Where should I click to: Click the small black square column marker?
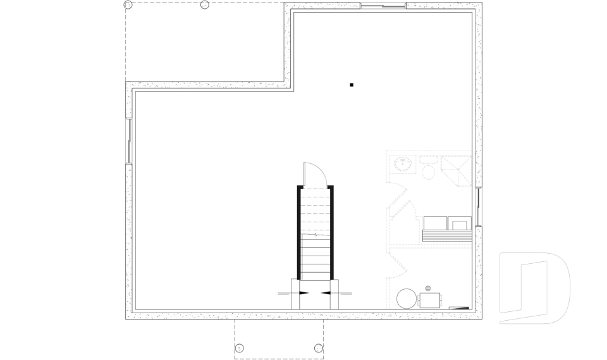pyautogui.click(x=352, y=85)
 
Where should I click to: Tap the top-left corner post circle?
pyautogui.click(x=128, y=5)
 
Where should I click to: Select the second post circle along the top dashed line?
pyautogui.click(x=204, y=5)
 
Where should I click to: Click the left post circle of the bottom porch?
pyautogui.click(x=239, y=347)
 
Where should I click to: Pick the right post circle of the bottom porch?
pyautogui.click(x=319, y=347)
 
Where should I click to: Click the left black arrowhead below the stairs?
pyautogui.click(x=304, y=293)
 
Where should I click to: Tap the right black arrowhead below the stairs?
pyautogui.click(x=326, y=293)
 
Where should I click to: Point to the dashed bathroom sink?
pyautogui.click(x=402, y=164)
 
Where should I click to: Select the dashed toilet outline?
pyautogui.click(x=427, y=169)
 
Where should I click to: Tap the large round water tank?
pyautogui.click(x=407, y=299)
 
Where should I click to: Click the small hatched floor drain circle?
pyautogui.click(x=428, y=288)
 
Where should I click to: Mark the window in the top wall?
pyautogui.click(x=383, y=6)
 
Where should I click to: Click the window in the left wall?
pyautogui.click(x=129, y=140)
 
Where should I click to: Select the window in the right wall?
pyautogui.click(x=478, y=207)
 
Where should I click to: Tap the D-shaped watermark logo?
pyautogui.click(x=534, y=288)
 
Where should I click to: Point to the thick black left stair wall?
pyautogui.click(x=298, y=232)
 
